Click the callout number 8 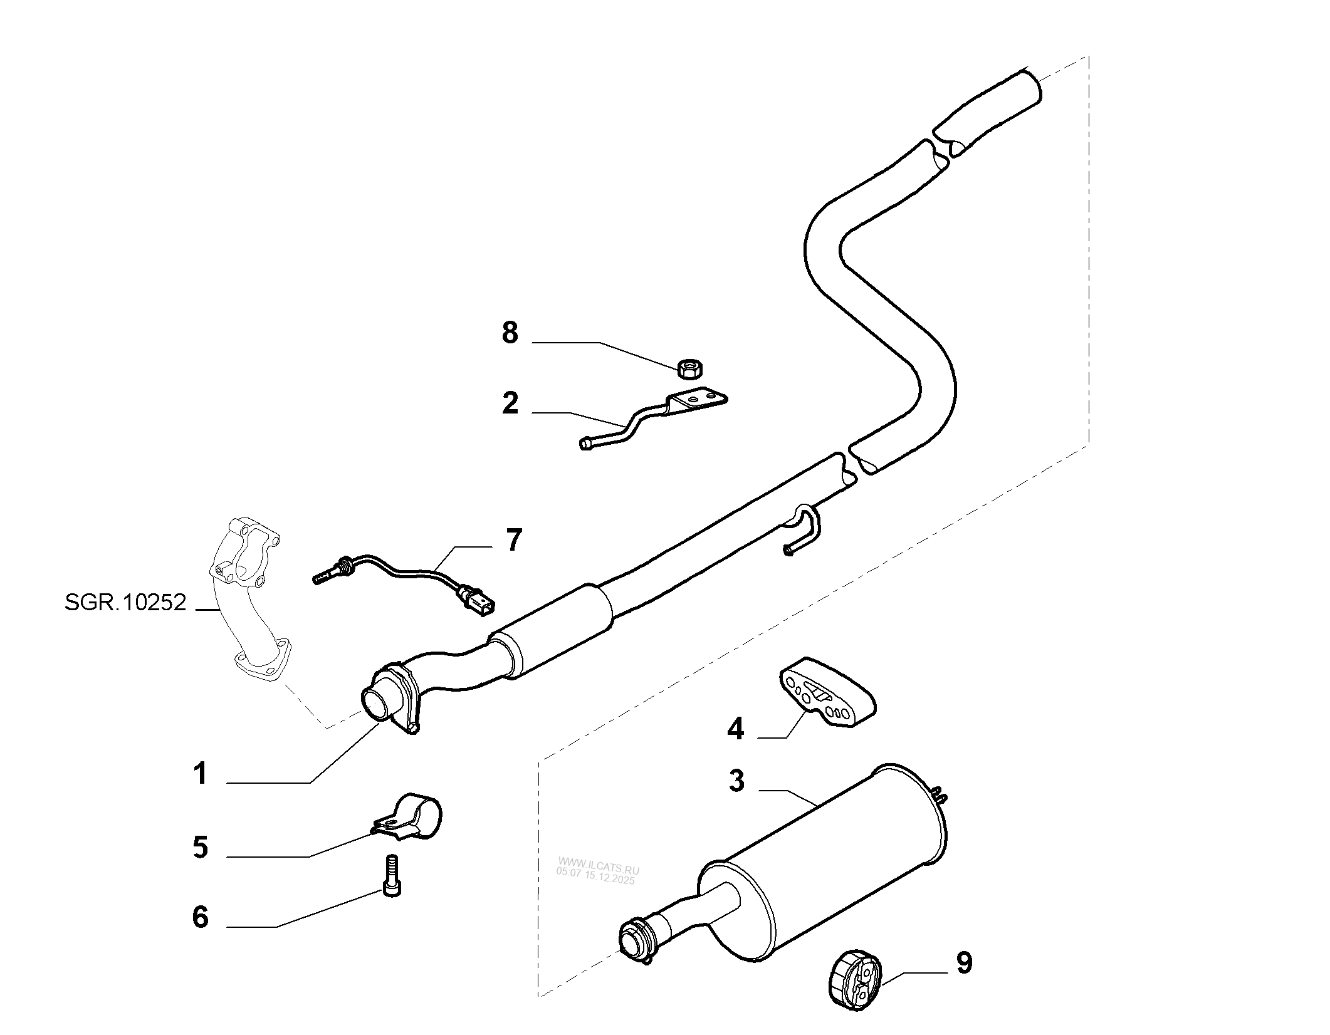510,333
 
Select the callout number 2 510,403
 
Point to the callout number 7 513,540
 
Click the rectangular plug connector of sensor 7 479,606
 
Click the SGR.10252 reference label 125,603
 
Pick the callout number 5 200,848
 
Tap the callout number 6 200,917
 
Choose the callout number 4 735,729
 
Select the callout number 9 964,963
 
